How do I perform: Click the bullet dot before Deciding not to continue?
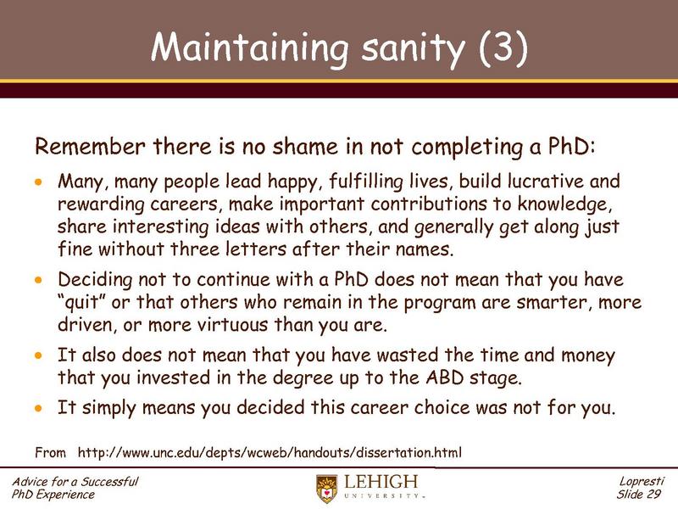click(37, 280)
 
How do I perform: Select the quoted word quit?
click(87, 303)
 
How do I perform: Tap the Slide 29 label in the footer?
click(642, 495)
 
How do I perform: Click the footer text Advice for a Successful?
click(75, 482)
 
